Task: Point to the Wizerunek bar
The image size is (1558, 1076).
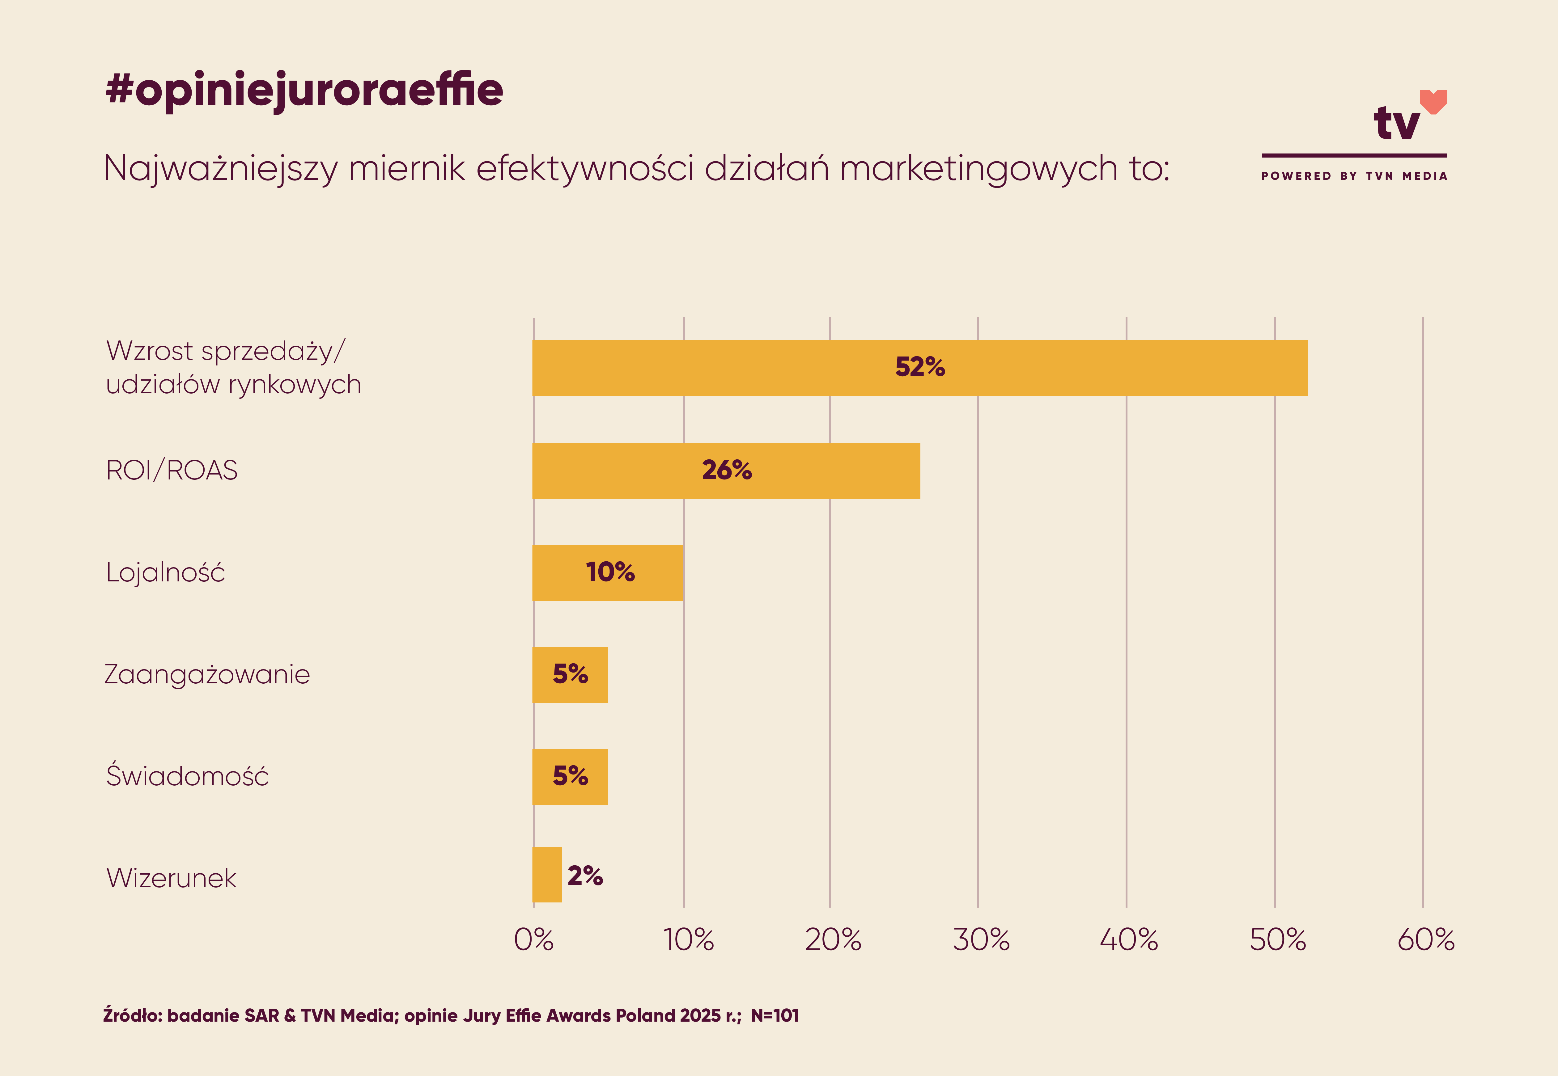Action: (547, 874)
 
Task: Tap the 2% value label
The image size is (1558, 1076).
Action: (585, 876)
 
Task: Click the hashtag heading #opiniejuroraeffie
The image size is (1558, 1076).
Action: (304, 90)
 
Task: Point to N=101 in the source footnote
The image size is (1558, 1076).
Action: (775, 1015)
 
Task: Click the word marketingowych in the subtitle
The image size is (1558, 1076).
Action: (978, 169)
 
